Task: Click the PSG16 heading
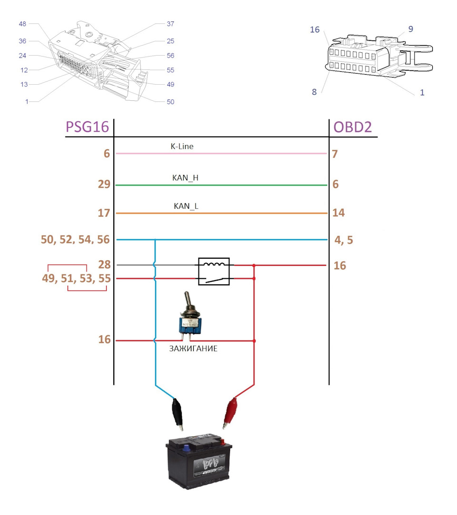pos(87,127)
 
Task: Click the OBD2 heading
pos(352,127)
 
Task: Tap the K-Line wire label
pos(182,146)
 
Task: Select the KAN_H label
pos(185,178)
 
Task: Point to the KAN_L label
pos(186,206)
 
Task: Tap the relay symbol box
pos(214,272)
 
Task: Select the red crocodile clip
pos(230,413)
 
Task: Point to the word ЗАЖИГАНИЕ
pos(193,349)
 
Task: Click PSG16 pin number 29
pos(104,184)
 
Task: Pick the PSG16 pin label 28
pos(104,264)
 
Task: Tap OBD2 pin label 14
pos(338,213)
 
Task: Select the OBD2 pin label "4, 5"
pos(344,240)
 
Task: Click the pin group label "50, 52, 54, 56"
pos(75,240)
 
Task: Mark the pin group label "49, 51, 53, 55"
pos(76,279)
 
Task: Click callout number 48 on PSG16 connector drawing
pos(22,24)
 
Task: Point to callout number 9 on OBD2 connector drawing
pos(411,29)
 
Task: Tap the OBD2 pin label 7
pos(335,154)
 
